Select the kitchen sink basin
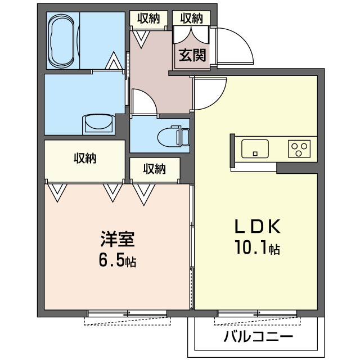click(255, 149)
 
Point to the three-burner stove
click(299, 149)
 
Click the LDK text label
click(257, 227)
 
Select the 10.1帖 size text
click(257, 247)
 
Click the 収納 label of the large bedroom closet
click(85, 159)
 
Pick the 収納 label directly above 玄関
click(191, 18)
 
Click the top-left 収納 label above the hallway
click(148, 18)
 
